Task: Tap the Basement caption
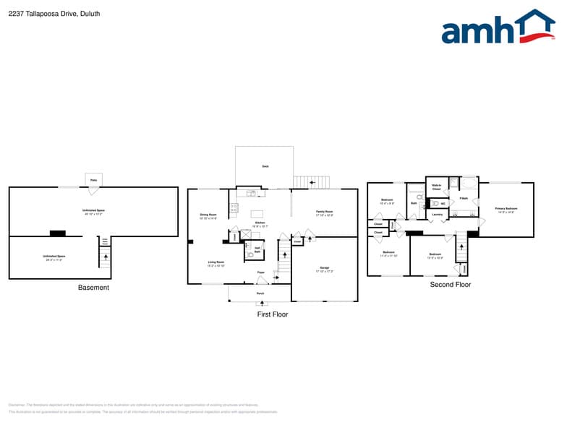point(93,288)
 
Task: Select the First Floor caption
point(273,314)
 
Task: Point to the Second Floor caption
point(451,285)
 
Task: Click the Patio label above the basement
point(93,179)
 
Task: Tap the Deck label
point(265,166)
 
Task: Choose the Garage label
point(325,269)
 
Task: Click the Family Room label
point(324,213)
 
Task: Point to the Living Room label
point(216,263)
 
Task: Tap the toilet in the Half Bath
point(250,254)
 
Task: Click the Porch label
point(260,293)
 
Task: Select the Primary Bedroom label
point(506,210)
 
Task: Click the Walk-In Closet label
point(436,186)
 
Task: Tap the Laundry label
point(437,215)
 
